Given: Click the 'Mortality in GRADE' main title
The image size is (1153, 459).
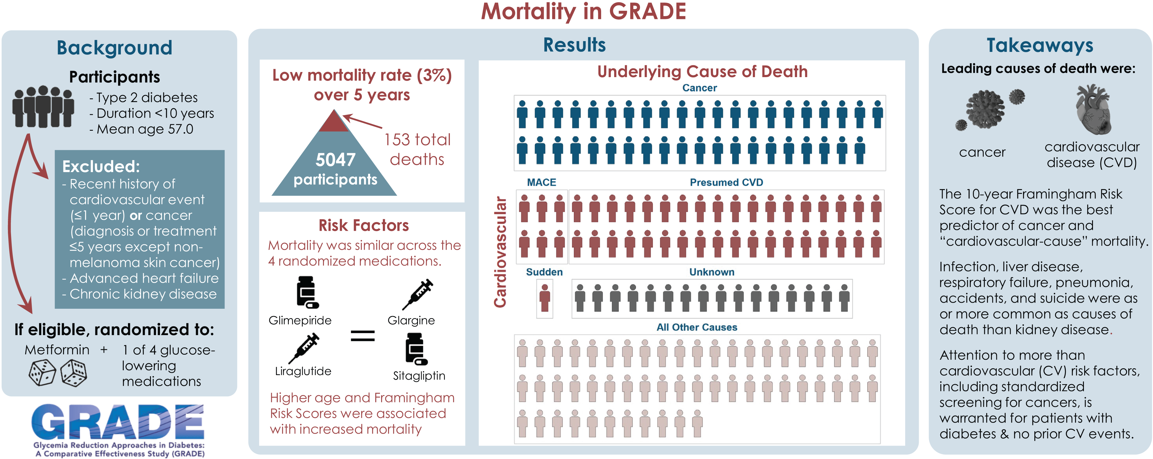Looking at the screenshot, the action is point(583,12).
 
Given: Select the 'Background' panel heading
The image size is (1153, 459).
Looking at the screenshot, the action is point(115,48).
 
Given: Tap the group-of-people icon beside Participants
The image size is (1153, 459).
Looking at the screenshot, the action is point(43,107).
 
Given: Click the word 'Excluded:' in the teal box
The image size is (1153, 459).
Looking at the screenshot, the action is point(101,166).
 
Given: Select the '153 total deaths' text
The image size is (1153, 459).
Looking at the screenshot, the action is point(417,149).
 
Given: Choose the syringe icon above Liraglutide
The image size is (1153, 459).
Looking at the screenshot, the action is point(304,348).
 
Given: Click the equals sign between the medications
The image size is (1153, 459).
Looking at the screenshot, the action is point(362,336).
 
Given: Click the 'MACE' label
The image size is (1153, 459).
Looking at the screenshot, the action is point(542,182).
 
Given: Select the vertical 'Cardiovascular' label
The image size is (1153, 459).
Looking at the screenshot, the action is point(500,252).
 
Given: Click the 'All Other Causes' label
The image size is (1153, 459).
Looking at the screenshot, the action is point(697,327).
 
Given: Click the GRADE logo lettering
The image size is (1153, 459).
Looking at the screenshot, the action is point(118,422).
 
